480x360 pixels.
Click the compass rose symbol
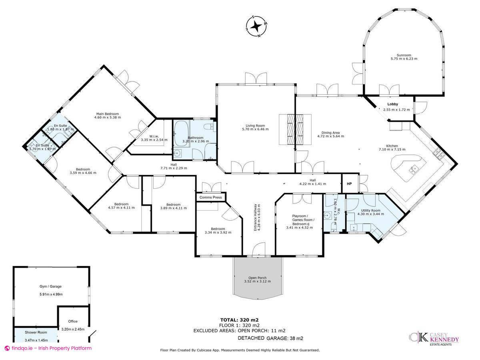(256, 27)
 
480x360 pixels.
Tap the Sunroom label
(404, 55)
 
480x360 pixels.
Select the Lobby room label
(392, 104)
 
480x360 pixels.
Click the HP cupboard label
(349, 184)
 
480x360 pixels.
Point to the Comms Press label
(210, 197)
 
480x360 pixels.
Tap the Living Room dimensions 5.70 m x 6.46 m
(255, 129)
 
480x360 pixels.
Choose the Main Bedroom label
(107, 114)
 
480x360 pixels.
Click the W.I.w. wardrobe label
(154, 136)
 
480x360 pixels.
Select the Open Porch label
(257, 278)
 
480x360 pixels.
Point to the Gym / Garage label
(50, 286)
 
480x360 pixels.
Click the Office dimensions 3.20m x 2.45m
(73, 329)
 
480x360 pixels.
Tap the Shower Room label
(36, 332)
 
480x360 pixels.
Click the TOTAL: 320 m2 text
(240, 320)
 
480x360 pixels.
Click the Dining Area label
(330, 133)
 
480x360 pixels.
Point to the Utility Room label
(370, 210)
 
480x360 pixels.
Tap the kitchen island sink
(414, 169)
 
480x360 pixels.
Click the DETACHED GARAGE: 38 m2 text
(270, 338)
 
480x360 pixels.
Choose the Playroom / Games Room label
(302, 218)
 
